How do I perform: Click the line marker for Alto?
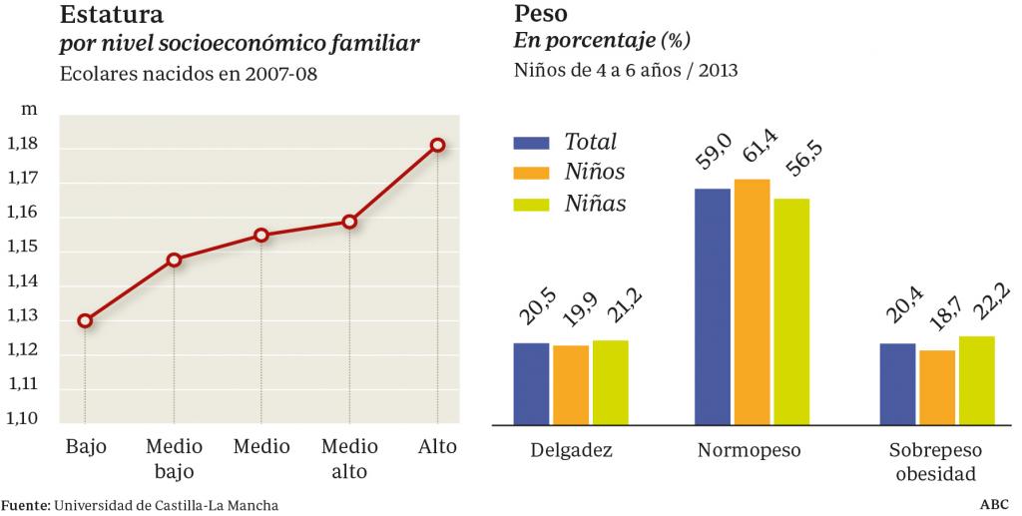click(x=437, y=146)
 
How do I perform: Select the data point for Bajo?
click(x=85, y=320)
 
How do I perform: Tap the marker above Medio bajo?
click(x=174, y=259)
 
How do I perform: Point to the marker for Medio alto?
click(x=349, y=222)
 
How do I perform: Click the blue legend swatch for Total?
click(x=531, y=142)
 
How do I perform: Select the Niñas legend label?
click(x=596, y=204)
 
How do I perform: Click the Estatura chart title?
click(x=112, y=15)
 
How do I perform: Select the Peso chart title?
click(x=540, y=15)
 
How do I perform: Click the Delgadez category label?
click(x=571, y=449)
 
